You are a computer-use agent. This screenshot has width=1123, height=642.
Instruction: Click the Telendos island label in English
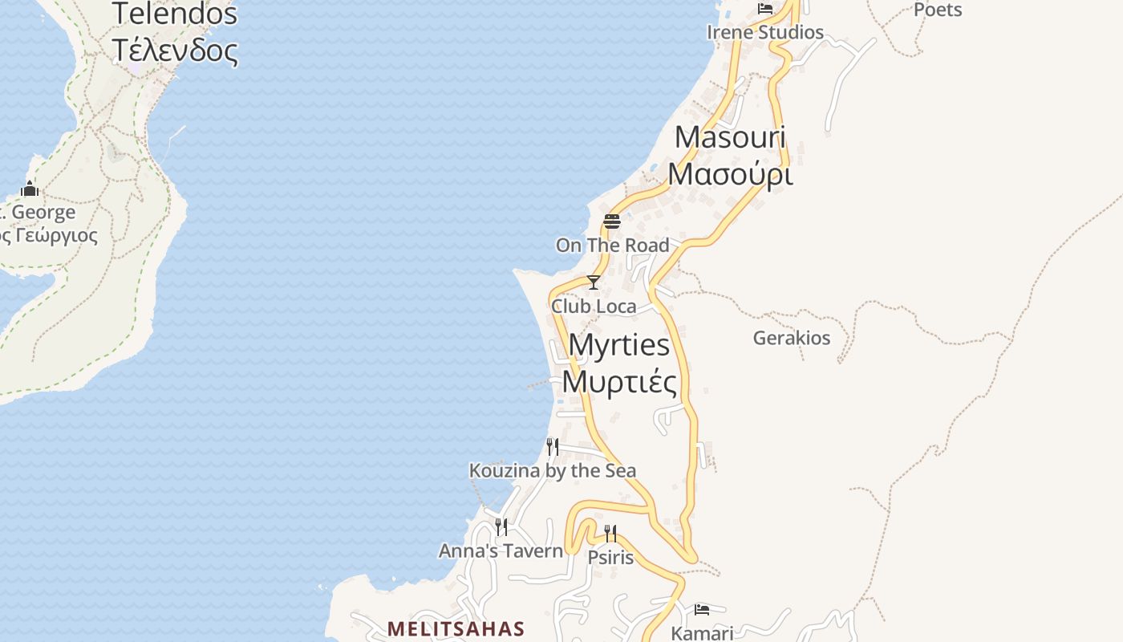pyautogui.click(x=175, y=14)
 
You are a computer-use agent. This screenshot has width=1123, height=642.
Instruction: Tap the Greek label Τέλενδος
pyautogui.click(x=175, y=51)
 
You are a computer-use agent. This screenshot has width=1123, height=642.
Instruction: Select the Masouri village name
pyautogui.click(x=730, y=137)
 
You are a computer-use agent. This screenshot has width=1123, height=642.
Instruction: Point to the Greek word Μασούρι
pyautogui.click(x=730, y=174)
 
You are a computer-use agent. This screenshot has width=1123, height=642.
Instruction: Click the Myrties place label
pyautogui.click(x=618, y=345)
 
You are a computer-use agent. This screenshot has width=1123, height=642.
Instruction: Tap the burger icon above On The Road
pyautogui.click(x=612, y=221)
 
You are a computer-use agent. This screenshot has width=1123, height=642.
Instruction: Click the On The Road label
pyautogui.click(x=612, y=245)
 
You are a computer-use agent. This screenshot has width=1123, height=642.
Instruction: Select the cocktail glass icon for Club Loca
pyautogui.click(x=594, y=282)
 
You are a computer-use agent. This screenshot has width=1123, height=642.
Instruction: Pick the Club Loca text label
pyautogui.click(x=594, y=306)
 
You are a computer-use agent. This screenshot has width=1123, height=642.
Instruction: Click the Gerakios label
pyautogui.click(x=791, y=338)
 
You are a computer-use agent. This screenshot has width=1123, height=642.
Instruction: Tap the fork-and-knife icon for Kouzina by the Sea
pyautogui.click(x=553, y=446)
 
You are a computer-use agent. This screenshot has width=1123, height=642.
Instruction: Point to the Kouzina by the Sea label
pyautogui.click(x=553, y=470)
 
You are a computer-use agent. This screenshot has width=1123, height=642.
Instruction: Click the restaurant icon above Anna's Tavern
pyautogui.click(x=501, y=526)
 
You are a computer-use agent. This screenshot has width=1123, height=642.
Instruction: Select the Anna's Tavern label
pyautogui.click(x=501, y=551)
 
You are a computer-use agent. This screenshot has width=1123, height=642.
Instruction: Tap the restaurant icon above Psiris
pyautogui.click(x=610, y=534)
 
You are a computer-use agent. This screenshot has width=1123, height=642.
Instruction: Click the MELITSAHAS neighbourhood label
pyautogui.click(x=456, y=628)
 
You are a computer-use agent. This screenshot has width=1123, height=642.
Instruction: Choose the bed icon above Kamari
pyautogui.click(x=702, y=610)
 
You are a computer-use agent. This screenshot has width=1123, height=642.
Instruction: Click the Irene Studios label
pyautogui.click(x=765, y=32)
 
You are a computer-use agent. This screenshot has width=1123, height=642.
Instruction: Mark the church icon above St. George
pyautogui.click(x=30, y=189)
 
